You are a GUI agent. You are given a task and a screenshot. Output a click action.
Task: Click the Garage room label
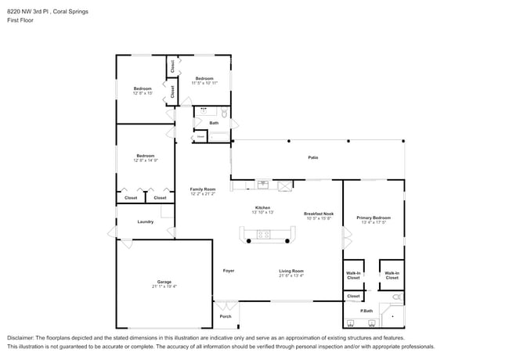[164, 282]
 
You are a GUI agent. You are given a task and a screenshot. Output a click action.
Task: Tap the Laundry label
[146, 221]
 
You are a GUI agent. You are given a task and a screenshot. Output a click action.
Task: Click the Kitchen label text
[262, 208]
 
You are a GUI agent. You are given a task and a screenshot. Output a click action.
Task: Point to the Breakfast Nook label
[319, 214]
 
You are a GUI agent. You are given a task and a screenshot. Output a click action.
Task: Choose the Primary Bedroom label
[374, 218]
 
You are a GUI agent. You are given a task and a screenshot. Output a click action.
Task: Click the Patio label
[312, 157]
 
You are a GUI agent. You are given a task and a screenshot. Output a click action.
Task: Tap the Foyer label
[229, 271]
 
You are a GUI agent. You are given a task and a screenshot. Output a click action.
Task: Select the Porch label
[226, 316]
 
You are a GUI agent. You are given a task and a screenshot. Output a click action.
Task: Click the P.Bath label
[366, 311]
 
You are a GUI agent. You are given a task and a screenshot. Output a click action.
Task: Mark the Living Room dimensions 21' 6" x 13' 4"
[291, 275]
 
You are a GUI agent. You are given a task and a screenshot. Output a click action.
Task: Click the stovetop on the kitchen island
[264, 233]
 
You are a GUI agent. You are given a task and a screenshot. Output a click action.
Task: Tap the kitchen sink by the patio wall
[264, 185]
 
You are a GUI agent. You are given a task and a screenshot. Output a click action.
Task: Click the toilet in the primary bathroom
[396, 297]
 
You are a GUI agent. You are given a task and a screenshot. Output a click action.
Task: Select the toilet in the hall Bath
[222, 113]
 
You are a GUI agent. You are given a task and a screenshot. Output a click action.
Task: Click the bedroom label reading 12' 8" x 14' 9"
[146, 160]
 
